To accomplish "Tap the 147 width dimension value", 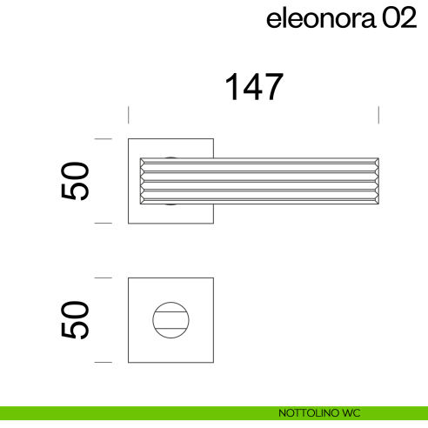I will pos(254,87).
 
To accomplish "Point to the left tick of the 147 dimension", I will pos(129,115).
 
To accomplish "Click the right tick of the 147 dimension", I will pos(378,115).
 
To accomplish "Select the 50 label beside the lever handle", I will pos(77,180).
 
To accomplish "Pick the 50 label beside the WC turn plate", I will pos(77,319).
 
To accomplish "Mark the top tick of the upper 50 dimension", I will pos(104,137).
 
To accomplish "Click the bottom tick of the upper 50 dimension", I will pos(104,224).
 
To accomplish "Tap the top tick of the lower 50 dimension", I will pos(104,278).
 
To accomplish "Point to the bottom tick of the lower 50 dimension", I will pos(104,361).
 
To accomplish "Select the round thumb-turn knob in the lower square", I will pos(171,319).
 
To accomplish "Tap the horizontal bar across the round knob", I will pos(171,319).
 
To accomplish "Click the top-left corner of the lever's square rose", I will pos(130,138).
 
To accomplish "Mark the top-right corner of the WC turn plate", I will pos(213,278).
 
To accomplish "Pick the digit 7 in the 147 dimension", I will pos(271,87).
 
